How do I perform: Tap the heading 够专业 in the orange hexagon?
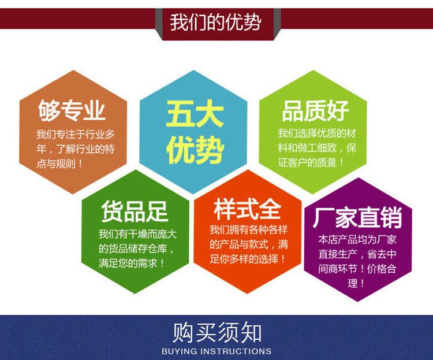(x=72, y=110)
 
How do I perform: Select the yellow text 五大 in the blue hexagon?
(x=195, y=113)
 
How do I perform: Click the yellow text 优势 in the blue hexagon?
(x=195, y=150)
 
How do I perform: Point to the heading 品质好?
(x=316, y=110)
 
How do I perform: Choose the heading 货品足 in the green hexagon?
(x=135, y=211)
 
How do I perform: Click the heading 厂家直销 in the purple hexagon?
(x=357, y=218)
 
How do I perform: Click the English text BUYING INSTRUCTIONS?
(x=216, y=351)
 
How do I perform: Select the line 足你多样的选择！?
(x=248, y=258)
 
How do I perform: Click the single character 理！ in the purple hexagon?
(x=357, y=284)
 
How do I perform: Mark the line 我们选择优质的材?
(x=317, y=133)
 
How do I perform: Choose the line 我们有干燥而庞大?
(x=135, y=234)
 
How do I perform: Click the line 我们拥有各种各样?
(x=248, y=229)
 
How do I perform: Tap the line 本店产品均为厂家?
(x=357, y=239)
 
